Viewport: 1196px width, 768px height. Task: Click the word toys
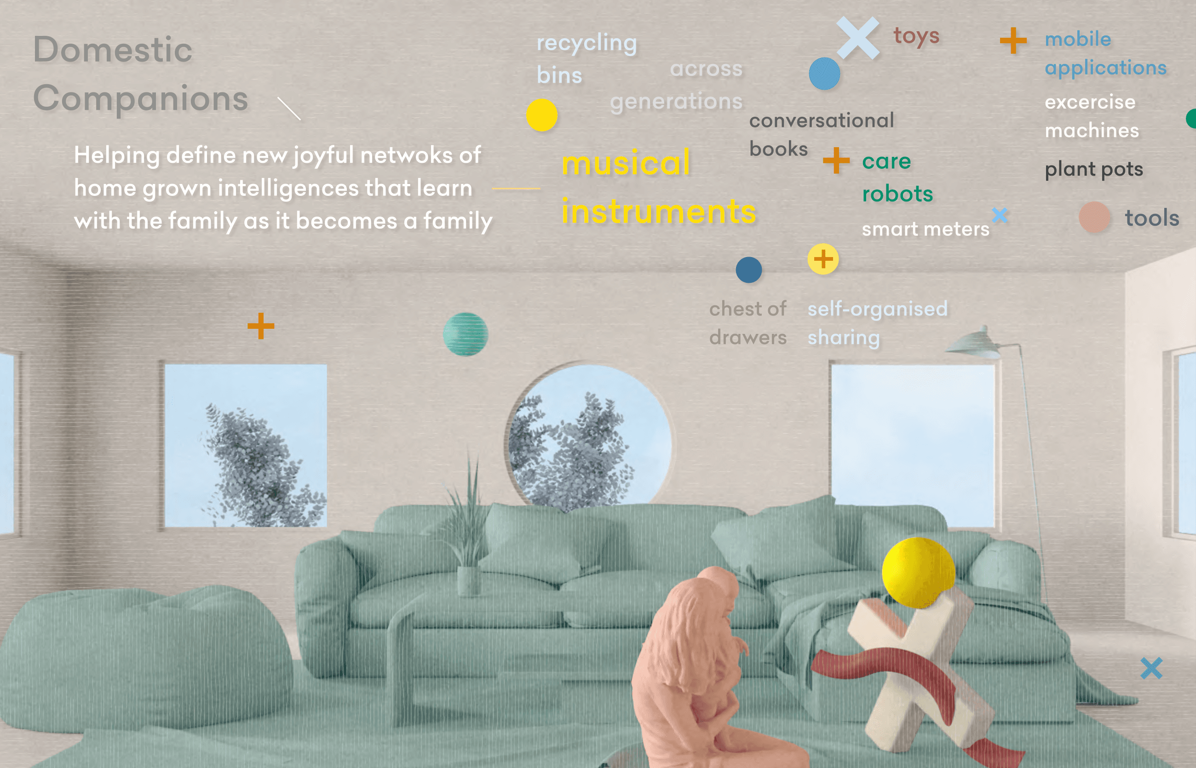[x=916, y=36]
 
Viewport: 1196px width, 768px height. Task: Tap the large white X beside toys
[x=858, y=38]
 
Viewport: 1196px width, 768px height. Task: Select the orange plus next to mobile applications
[x=1013, y=40]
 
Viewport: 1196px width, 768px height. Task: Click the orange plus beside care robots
[x=836, y=160]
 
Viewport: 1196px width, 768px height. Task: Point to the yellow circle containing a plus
[x=823, y=259]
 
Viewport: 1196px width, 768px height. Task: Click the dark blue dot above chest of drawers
[x=748, y=270]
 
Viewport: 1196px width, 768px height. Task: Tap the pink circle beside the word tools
[x=1094, y=217]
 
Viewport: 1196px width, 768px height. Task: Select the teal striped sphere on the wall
[x=466, y=334]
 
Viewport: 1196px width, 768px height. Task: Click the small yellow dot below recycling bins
[x=541, y=115]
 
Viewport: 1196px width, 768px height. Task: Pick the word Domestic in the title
[x=113, y=50]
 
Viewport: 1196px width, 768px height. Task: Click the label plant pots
[x=1094, y=170]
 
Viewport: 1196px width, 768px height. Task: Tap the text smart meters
[x=926, y=229]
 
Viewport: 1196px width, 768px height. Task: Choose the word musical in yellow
[x=626, y=163]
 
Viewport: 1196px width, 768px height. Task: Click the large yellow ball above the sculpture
[x=918, y=573]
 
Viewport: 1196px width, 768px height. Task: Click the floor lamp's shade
[x=974, y=344]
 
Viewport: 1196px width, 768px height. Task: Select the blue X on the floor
[x=1151, y=668]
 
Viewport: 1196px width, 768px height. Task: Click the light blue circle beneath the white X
[x=824, y=73]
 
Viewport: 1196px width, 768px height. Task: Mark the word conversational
[x=822, y=120]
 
